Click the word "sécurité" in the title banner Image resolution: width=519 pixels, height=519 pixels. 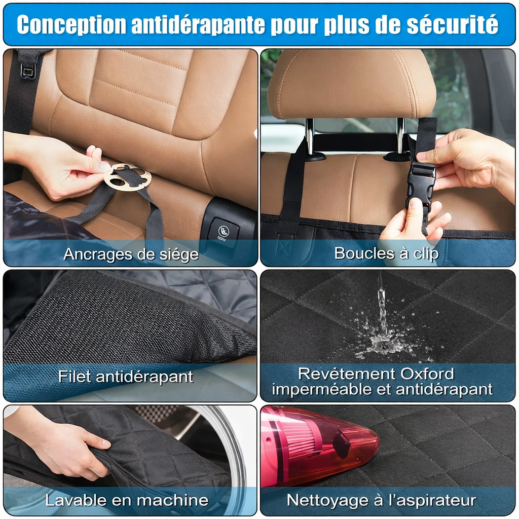click(452, 24)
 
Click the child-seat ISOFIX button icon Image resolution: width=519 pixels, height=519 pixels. click(223, 230)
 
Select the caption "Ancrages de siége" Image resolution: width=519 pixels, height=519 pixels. click(131, 254)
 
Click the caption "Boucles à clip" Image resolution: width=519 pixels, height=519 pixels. click(386, 253)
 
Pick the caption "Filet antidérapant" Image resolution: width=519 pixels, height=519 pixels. click(126, 377)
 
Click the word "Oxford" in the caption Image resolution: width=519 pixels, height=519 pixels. click(427, 374)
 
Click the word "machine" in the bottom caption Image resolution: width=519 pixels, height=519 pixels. click(172, 500)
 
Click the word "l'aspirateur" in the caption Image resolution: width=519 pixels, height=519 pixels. click(432, 500)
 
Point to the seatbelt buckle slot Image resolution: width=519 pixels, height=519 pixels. click(27, 70)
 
